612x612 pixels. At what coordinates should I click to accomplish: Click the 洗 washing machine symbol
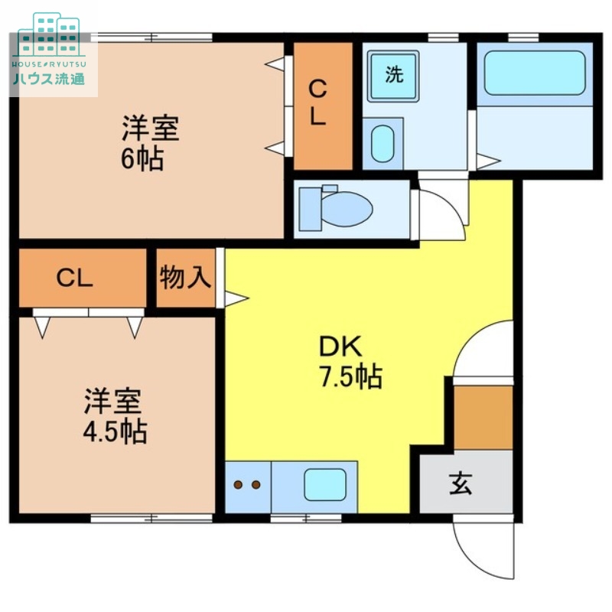393,75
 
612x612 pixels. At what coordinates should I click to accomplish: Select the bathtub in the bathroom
534,73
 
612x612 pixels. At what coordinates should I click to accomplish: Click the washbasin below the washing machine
382,142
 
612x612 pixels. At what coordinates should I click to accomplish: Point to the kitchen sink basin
325,483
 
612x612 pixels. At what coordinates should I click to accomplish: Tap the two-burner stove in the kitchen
247,485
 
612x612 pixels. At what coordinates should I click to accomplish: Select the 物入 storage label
185,278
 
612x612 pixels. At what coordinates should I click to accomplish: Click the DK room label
340,347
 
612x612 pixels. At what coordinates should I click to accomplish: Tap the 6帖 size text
142,160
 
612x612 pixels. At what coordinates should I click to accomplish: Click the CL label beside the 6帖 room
317,103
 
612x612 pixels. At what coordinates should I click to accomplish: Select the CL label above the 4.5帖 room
74,278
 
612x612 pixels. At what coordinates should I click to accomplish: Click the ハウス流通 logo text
49,78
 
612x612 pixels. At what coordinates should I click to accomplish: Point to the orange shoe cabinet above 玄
483,417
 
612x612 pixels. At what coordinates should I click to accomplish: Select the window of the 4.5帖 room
151,518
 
